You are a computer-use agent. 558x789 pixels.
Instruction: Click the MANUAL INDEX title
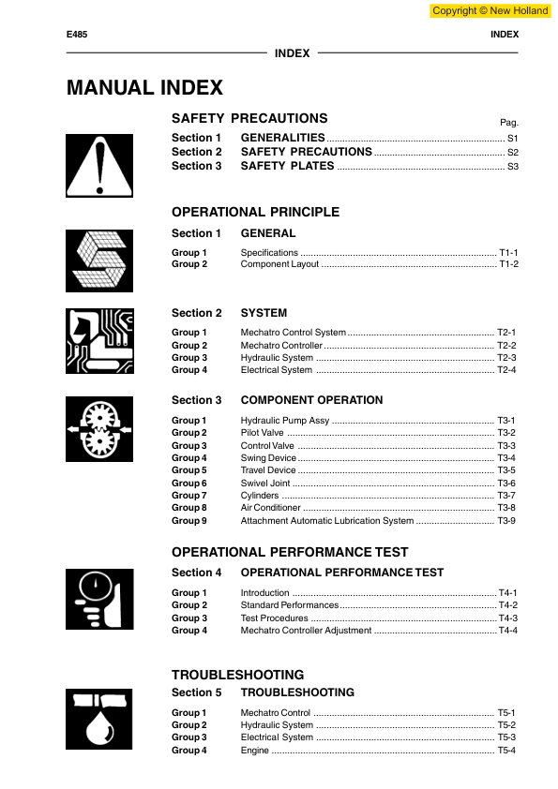(x=144, y=88)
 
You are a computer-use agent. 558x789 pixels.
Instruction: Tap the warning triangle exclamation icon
(x=98, y=160)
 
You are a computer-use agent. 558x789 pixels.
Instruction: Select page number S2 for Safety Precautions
(x=512, y=152)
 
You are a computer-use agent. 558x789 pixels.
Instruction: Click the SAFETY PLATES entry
(x=287, y=166)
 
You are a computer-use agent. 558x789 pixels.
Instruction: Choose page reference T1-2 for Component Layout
(x=508, y=264)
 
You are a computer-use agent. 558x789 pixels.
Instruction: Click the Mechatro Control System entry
(x=293, y=333)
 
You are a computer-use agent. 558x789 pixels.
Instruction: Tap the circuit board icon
(x=98, y=341)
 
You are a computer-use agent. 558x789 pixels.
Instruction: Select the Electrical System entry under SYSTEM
(x=276, y=370)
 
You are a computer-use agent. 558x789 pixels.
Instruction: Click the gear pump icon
(x=98, y=428)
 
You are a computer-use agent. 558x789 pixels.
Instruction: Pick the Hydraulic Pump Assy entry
(x=285, y=421)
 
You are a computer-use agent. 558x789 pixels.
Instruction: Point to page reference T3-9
(x=506, y=520)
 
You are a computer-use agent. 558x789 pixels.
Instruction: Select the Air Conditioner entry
(x=270, y=508)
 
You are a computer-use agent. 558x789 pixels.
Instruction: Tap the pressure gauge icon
(x=98, y=598)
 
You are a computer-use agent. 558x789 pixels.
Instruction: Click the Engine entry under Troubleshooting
(x=254, y=750)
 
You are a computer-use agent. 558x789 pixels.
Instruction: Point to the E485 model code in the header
(x=77, y=35)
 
